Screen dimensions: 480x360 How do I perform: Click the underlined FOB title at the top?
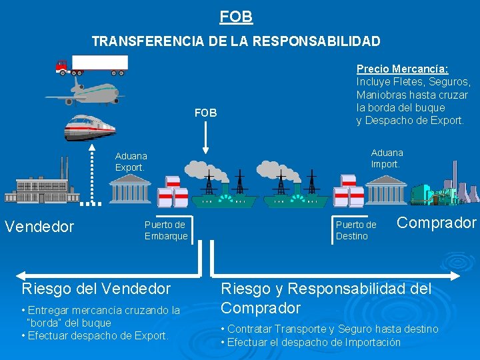tap(236, 15)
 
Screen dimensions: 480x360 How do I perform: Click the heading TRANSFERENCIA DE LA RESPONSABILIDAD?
tap(236, 41)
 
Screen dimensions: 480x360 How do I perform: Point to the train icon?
tap(89, 127)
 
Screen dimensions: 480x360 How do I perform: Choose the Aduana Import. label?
tap(387, 159)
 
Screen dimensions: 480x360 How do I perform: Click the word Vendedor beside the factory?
tap(39, 227)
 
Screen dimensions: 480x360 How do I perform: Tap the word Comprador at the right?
tap(437, 223)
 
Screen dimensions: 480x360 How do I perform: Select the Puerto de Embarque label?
tap(166, 230)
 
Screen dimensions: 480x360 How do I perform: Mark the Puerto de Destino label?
tap(356, 230)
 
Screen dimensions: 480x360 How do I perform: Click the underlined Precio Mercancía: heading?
tap(402, 69)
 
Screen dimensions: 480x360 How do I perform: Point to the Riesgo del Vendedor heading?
tap(96, 289)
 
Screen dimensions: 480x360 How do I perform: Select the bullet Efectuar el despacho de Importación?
tap(311, 342)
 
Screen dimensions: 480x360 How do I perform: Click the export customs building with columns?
tap(130, 190)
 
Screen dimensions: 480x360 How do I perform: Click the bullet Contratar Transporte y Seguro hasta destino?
tap(330, 329)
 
